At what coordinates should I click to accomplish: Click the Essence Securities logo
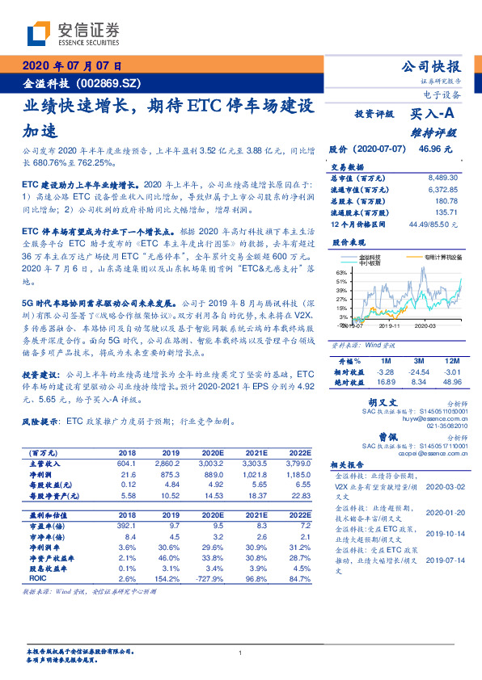[73, 33]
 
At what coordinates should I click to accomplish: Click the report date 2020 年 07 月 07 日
[71, 67]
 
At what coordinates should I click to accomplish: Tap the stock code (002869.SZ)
[112, 83]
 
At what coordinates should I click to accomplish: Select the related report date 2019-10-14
[442, 533]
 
